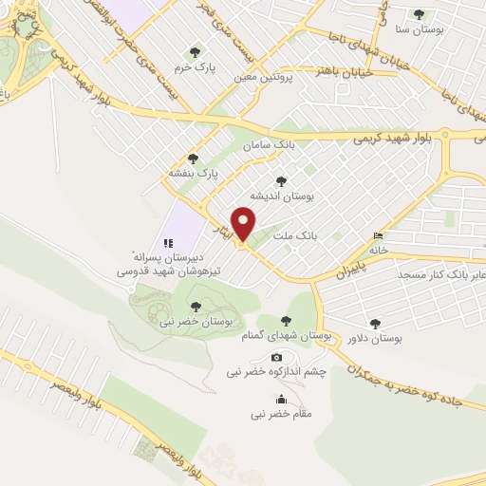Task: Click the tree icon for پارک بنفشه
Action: (x=194, y=159)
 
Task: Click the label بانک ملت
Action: (x=295, y=233)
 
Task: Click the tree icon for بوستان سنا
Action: (x=420, y=13)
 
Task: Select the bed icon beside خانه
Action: (x=380, y=236)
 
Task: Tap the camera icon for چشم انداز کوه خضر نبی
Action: (x=277, y=357)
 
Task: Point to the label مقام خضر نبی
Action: (x=281, y=414)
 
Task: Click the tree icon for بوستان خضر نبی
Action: (x=196, y=306)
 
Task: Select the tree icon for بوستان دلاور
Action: (x=377, y=324)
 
